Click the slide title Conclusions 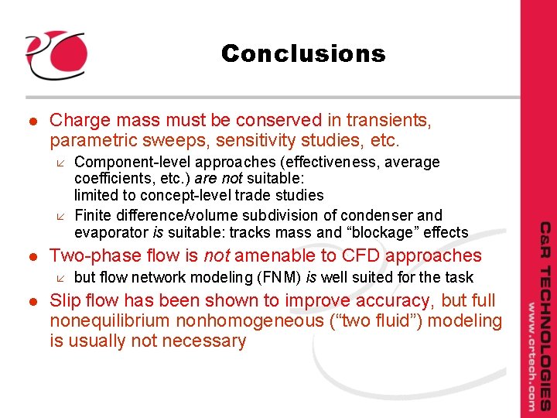(x=302, y=53)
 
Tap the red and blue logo (x=55, y=54)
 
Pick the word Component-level (x=132, y=163)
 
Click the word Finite (x=94, y=215)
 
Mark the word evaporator (x=111, y=232)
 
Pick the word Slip (x=66, y=300)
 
